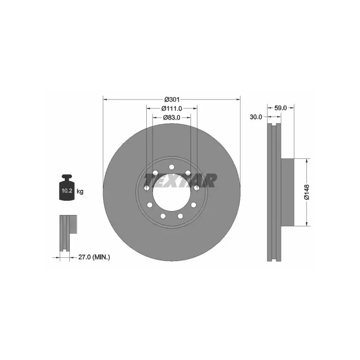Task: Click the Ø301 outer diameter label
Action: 172,99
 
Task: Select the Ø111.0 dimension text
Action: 172,108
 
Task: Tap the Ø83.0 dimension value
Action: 172,117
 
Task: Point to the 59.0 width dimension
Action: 280,108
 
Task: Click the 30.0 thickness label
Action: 256,117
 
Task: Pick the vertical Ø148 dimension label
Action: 307,192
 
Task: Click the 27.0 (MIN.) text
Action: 94,257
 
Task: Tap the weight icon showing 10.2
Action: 67,187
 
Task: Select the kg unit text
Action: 80,191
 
